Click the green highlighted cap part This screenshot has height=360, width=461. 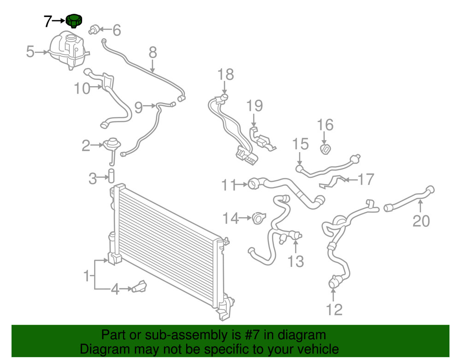coord(74,21)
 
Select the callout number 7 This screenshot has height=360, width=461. coord(48,21)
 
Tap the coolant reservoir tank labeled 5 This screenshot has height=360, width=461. coord(69,51)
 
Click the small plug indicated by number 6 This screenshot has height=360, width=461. coord(93,30)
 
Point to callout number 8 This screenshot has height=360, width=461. coord(153,53)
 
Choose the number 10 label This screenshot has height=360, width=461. coord(82,88)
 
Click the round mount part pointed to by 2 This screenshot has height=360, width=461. coord(112,144)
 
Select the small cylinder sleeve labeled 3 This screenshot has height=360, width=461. coord(112,176)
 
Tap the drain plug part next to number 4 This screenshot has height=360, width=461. coord(139,287)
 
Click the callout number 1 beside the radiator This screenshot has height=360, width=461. coord(87,276)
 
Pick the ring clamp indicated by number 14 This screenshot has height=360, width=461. coord(259,218)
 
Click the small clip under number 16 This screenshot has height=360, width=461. coord(325,149)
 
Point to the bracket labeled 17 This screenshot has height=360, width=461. coord(332,182)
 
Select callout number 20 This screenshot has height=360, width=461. coord(421,221)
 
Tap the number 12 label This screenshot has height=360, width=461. coord(334,310)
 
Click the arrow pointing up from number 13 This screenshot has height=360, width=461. coord(296,246)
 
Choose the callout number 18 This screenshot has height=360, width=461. coord(226,74)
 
